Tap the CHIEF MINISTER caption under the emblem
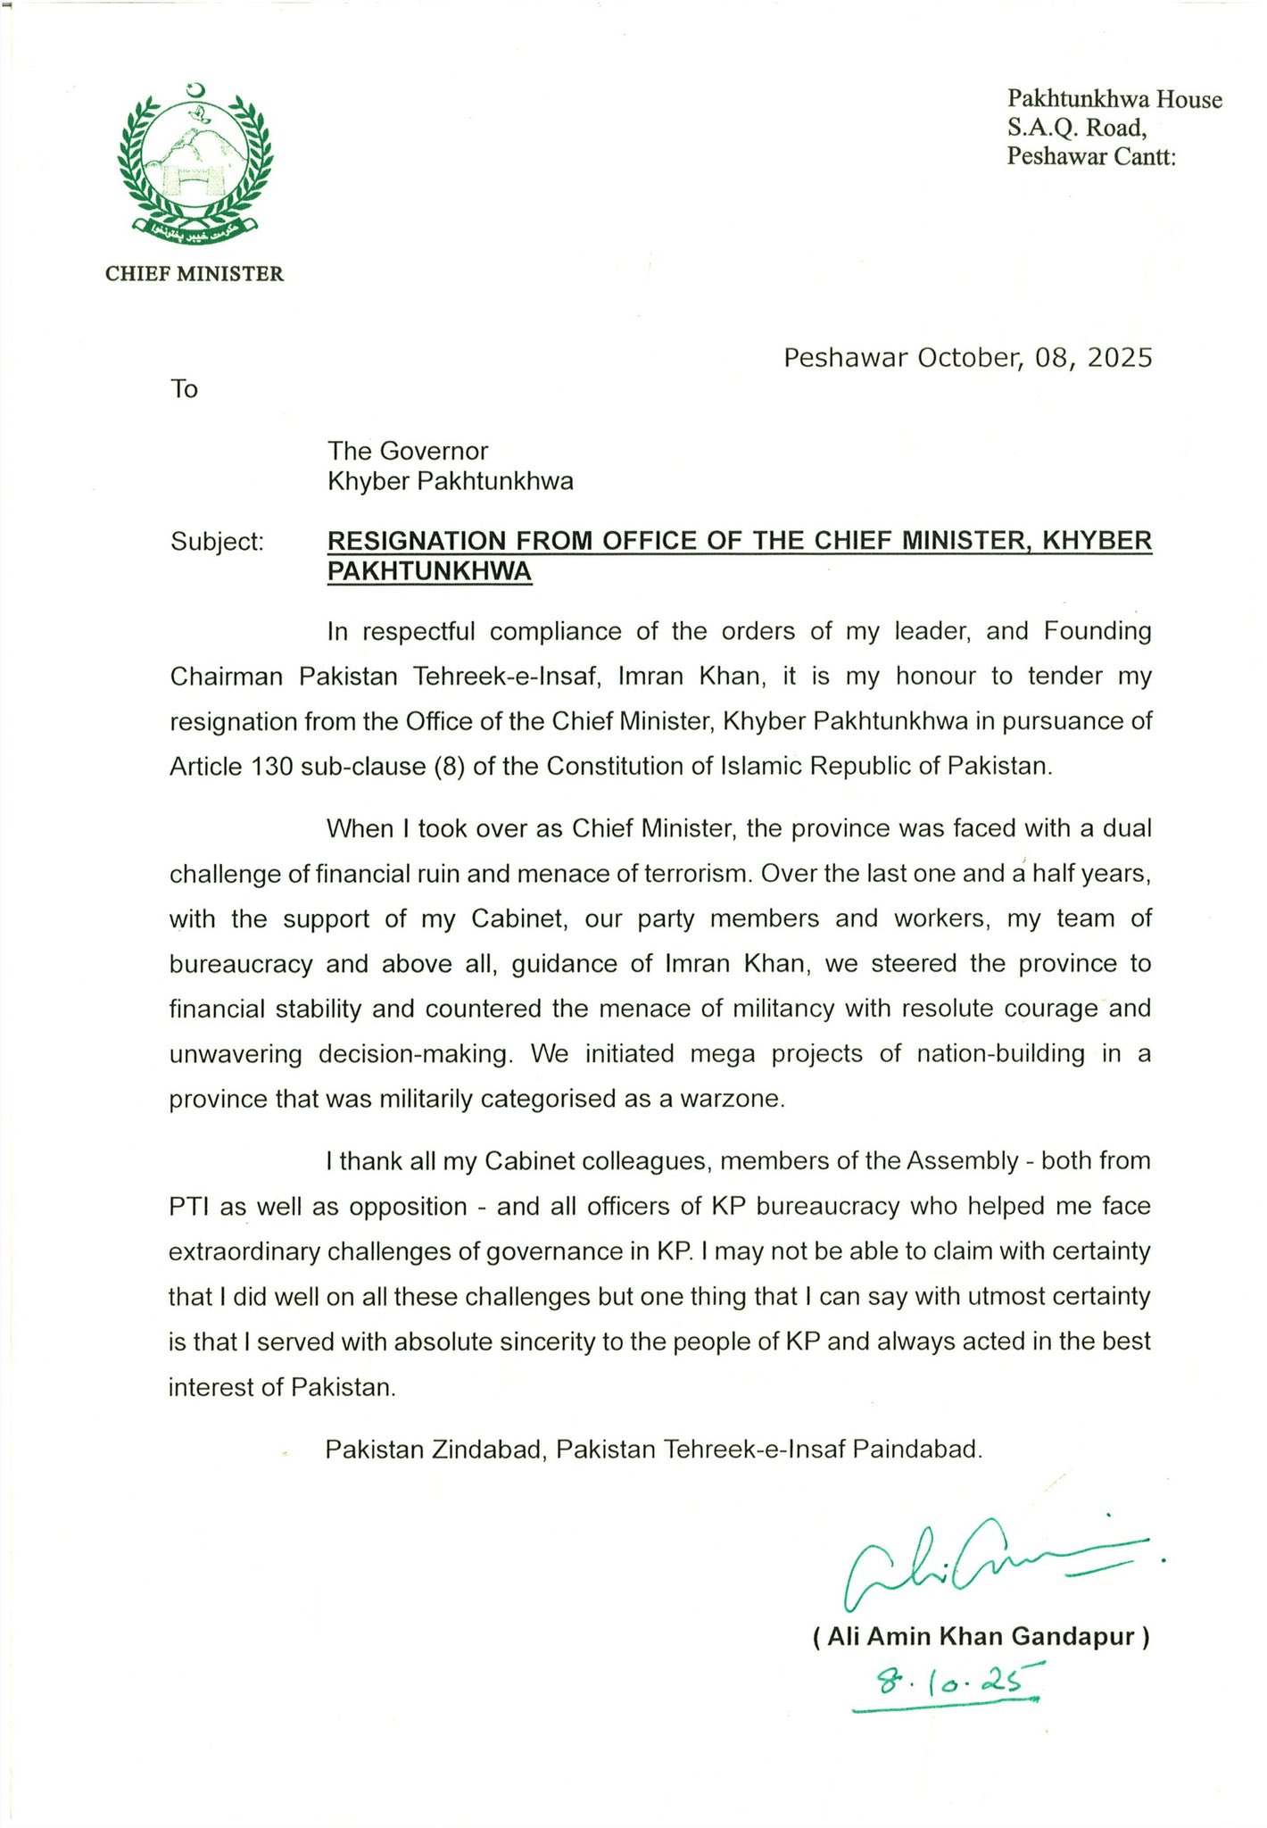195,274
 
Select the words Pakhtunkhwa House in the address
1114,99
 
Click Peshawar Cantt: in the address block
1091,157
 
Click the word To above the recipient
184,389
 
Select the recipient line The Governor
408,451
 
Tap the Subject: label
217,542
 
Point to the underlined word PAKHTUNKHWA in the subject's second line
429,571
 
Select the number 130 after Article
269,767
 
